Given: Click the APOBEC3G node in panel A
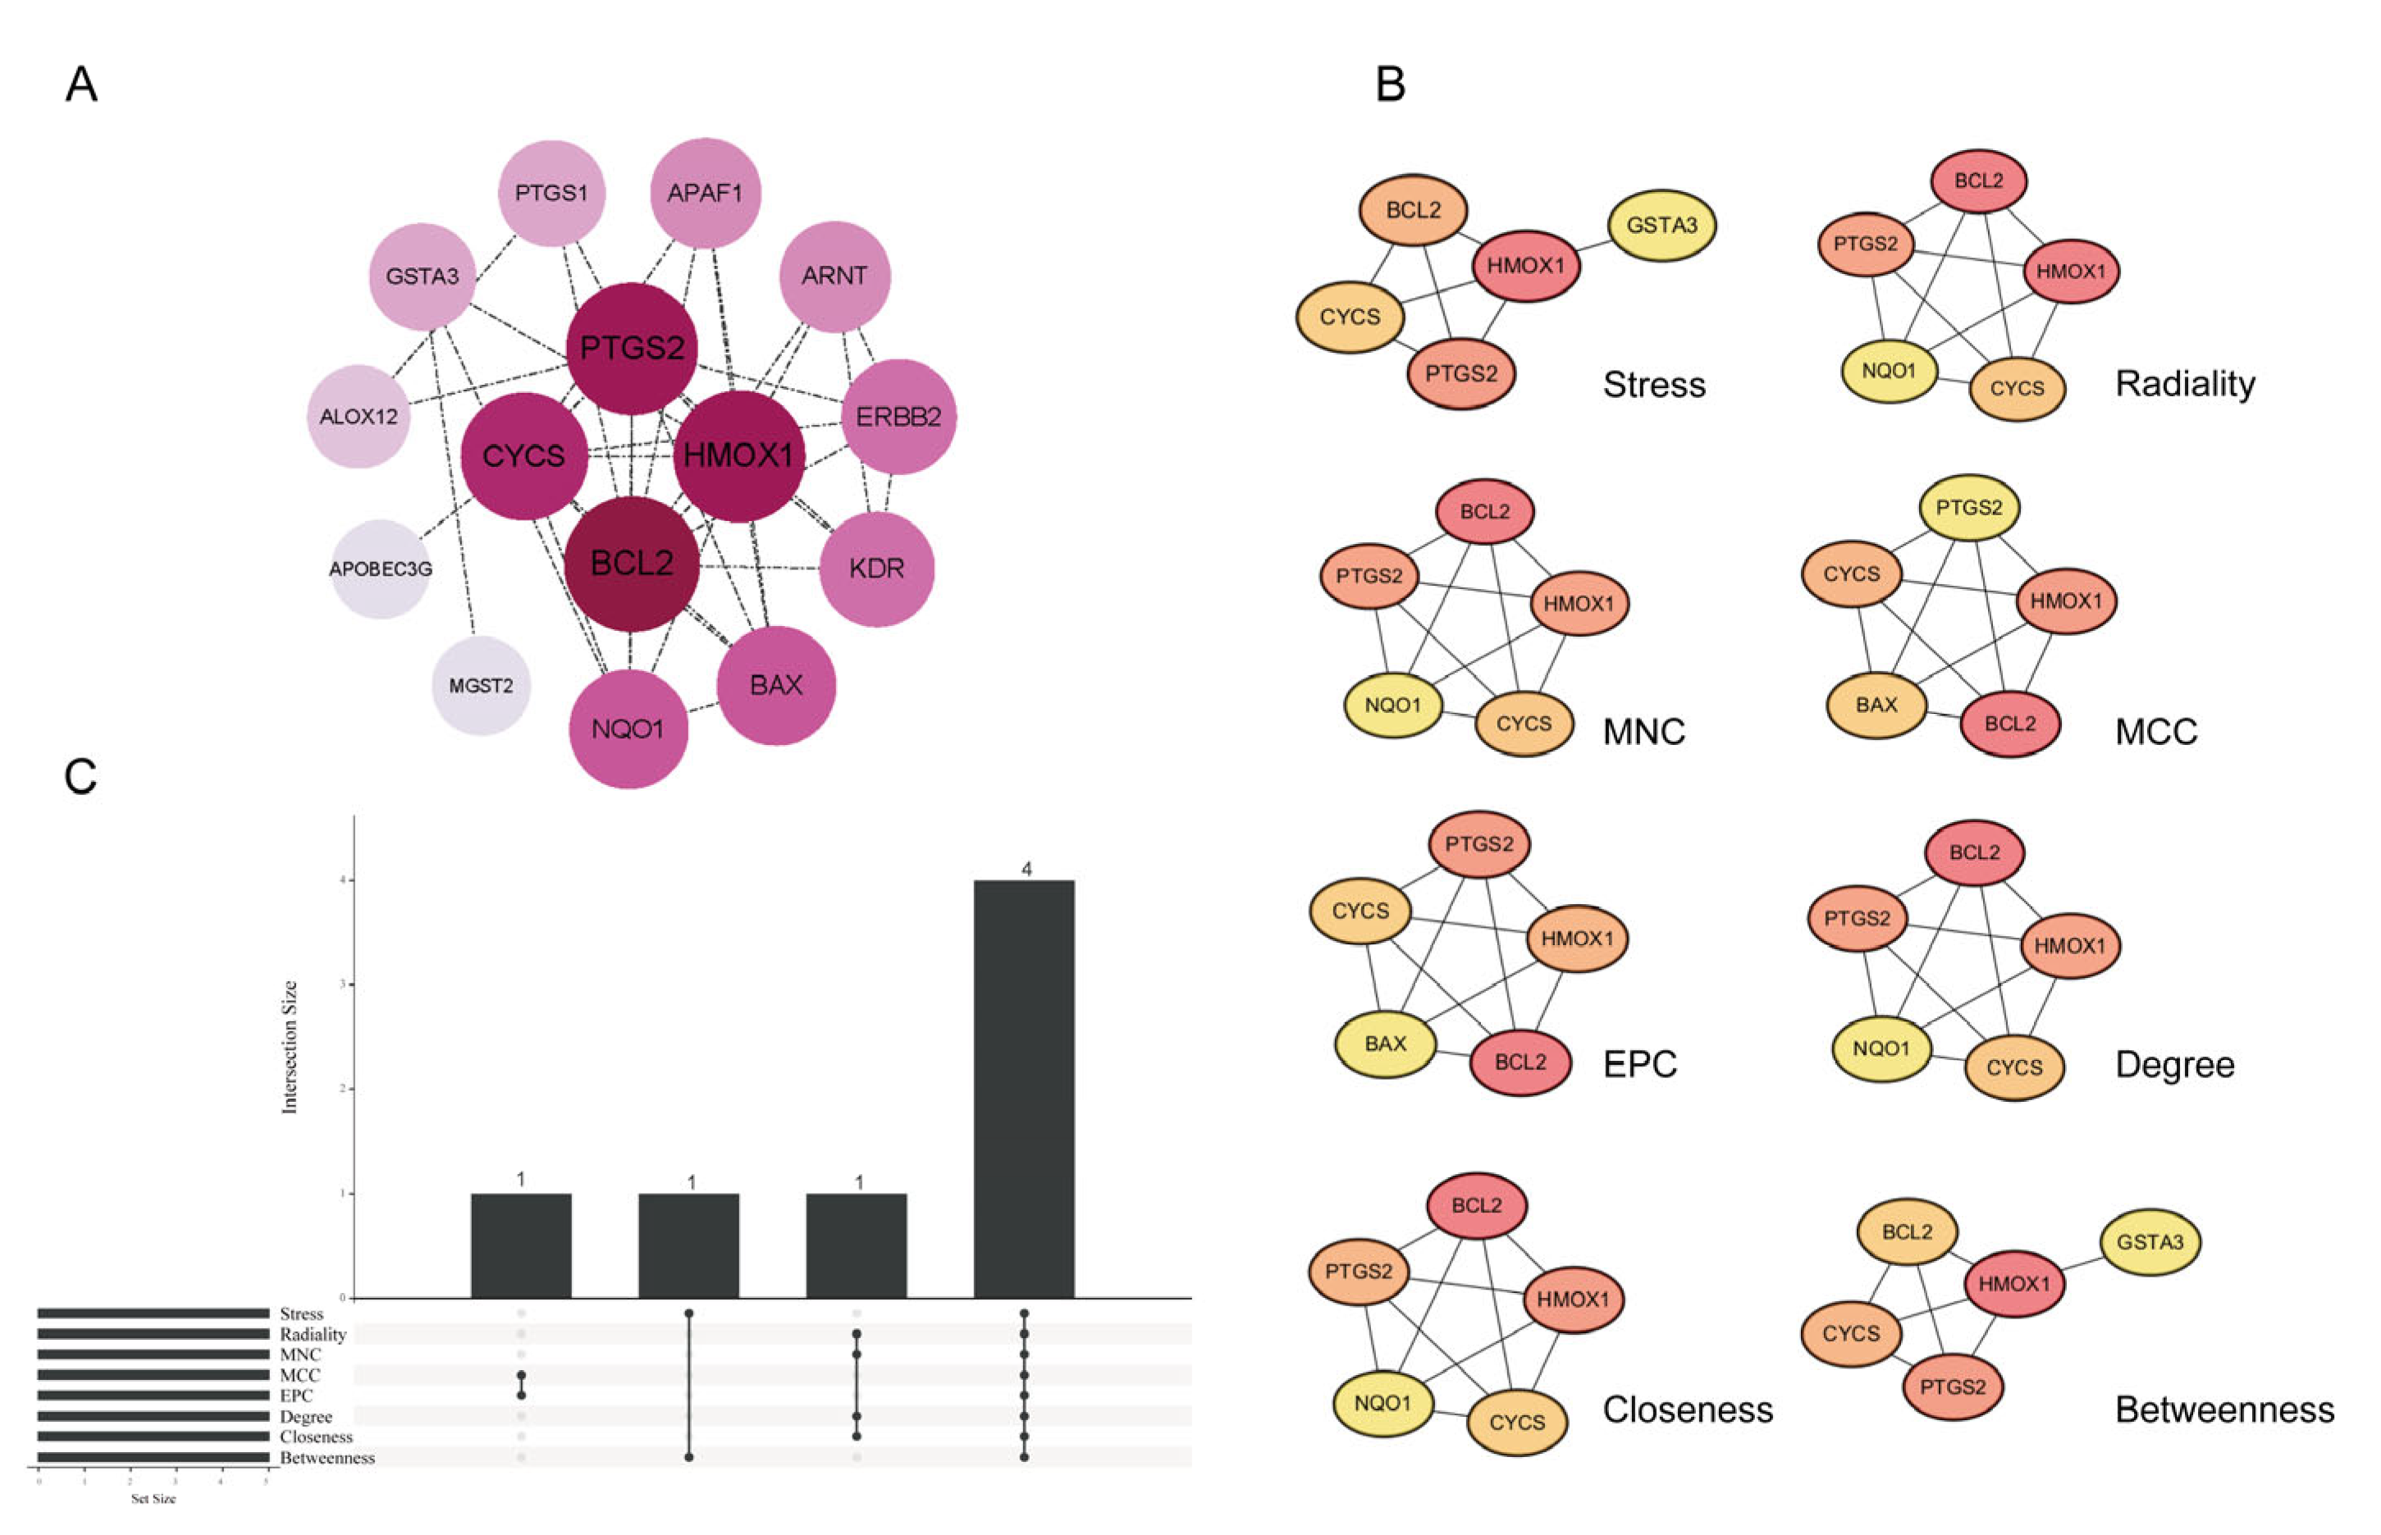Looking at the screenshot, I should pyautogui.click(x=381, y=569).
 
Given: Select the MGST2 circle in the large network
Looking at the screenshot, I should pyautogui.click(x=481, y=686).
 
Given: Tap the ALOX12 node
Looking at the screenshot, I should pyautogui.click(x=359, y=417).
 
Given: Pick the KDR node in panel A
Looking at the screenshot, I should pyautogui.click(x=876, y=569).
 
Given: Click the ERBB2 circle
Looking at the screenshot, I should pyautogui.click(x=898, y=417).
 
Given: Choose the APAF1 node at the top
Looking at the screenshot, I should pyautogui.click(x=705, y=192).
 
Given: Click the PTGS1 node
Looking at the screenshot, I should pyautogui.click(x=551, y=192).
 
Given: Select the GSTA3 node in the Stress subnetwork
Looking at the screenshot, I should pyautogui.click(x=1661, y=226).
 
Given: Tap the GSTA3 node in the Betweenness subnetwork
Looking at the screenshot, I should pyautogui.click(x=2150, y=1242).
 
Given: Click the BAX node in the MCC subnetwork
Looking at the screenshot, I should pyautogui.click(x=1876, y=705).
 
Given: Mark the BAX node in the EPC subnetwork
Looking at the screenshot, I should pyautogui.click(x=1385, y=1044).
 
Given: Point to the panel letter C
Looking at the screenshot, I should pyautogui.click(x=80, y=776).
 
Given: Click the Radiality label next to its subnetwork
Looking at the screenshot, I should pyautogui.click(x=2185, y=384).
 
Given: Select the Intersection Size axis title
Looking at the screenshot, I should pyautogui.click(x=290, y=1047).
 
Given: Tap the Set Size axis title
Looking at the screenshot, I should pyautogui.click(x=153, y=1498).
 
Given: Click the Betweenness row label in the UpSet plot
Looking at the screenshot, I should pyautogui.click(x=327, y=1457).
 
